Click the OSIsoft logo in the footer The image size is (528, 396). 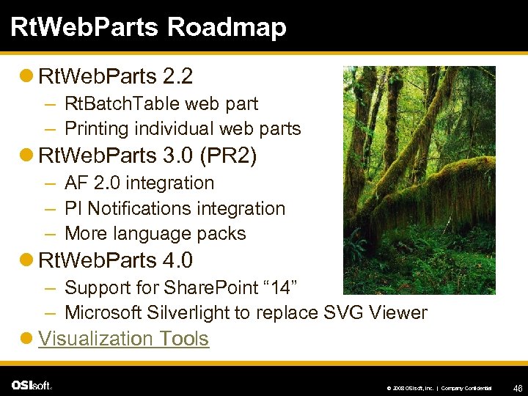click(32, 385)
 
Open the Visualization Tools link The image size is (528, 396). click(123, 339)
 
